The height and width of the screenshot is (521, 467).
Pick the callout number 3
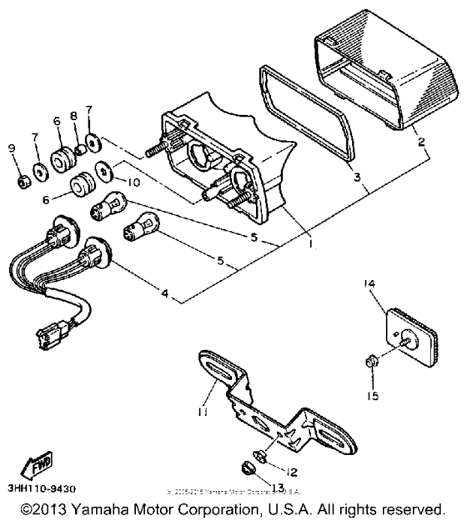coord(356,178)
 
